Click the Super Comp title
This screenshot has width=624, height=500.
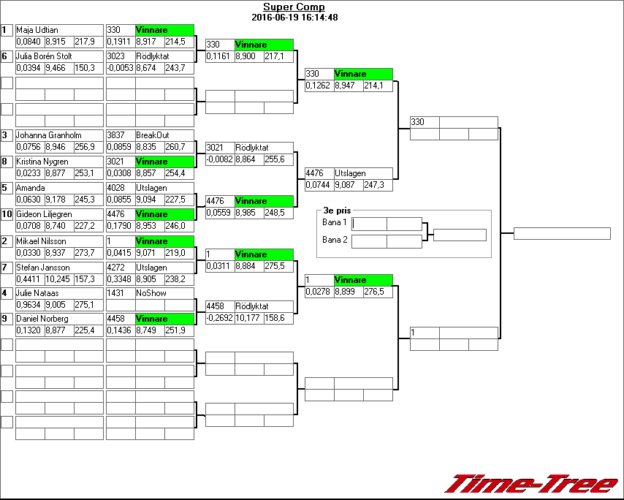click(294, 7)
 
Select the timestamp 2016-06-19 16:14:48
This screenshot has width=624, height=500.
click(294, 17)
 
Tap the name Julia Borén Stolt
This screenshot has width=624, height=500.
click(44, 56)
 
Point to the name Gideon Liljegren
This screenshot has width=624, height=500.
click(44, 214)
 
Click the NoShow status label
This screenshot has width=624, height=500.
click(151, 293)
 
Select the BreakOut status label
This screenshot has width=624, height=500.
click(152, 135)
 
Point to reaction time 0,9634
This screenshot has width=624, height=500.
click(29, 305)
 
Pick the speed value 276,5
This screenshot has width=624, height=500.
click(377, 292)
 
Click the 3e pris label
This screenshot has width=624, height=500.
click(338, 210)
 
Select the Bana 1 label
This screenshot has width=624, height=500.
click(334, 221)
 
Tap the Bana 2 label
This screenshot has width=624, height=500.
click(334, 239)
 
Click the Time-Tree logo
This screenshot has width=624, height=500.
click(532, 483)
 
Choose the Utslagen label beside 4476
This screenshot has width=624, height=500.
click(351, 174)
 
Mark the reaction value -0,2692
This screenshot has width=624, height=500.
click(219, 318)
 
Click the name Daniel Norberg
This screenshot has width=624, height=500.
click(42, 319)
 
